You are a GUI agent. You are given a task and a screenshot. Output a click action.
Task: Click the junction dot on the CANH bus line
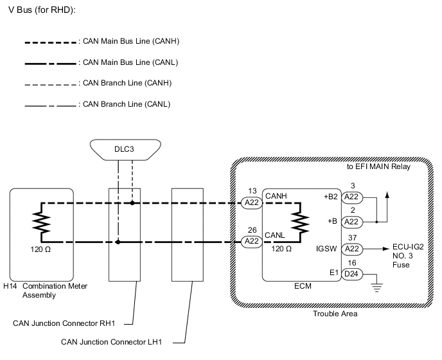(132, 203)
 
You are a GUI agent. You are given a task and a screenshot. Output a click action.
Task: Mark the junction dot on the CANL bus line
(118, 242)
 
